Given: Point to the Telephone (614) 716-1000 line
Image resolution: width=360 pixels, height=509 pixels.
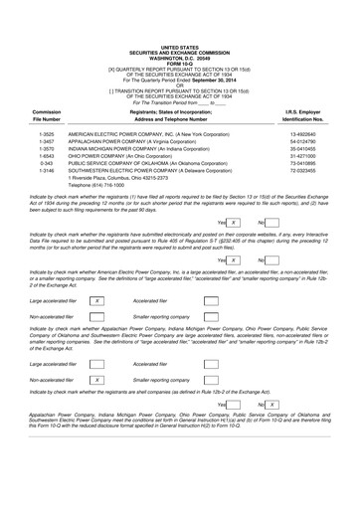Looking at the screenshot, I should [x=104, y=186].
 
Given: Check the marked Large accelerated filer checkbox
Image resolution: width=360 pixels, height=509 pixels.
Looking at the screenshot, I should [x=96, y=300].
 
